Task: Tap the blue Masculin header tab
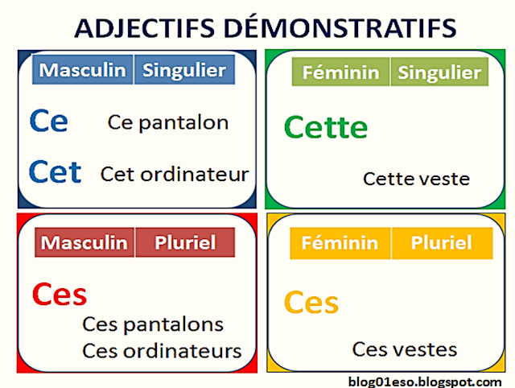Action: pos(83,71)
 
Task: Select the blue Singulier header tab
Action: pos(184,71)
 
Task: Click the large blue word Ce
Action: pos(48,122)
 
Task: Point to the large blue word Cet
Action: pos(55,171)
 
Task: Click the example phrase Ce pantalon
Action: pos(168,122)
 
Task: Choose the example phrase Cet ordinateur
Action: pos(175,174)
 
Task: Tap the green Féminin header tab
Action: pos(340,72)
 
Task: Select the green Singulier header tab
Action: pos(439,72)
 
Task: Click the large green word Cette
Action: pos(326,127)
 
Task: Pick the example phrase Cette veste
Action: pos(416,179)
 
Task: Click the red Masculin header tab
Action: pos(84,242)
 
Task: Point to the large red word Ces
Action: pos(60,295)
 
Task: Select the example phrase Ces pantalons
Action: pos(153,325)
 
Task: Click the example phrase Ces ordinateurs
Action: pos(162,351)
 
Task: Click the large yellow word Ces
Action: pos(311,303)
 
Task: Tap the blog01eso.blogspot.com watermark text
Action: pos(426,380)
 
